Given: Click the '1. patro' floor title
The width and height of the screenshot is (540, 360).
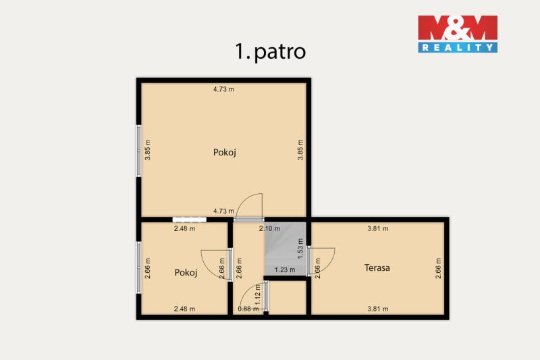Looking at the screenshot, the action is [271, 52].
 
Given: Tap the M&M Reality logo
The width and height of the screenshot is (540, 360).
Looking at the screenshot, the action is [458, 34].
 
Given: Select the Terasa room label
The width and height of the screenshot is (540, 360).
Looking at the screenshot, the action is [377, 267].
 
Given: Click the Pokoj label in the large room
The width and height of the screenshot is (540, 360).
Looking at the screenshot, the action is [225, 152].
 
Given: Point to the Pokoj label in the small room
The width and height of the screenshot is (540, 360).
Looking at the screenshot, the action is [186, 272].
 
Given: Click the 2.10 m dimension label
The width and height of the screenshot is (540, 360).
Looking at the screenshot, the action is [269, 228].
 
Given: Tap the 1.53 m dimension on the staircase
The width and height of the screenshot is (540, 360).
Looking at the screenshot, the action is [300, 249].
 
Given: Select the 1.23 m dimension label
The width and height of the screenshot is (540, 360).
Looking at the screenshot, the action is [285, 269].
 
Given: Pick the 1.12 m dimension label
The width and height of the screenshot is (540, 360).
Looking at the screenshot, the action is [257, 294].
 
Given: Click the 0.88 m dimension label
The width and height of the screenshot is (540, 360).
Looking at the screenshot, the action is [248, 309].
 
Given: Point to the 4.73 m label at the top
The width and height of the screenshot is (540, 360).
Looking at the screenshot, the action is [223, 89].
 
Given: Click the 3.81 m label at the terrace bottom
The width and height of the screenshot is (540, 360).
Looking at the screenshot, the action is [378, 309].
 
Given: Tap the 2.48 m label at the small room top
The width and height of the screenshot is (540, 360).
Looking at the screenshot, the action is [184, 228].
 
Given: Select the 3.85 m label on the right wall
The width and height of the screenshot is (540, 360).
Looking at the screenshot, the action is [300, 150].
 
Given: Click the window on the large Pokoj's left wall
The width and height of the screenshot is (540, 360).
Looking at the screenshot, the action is [139, 151].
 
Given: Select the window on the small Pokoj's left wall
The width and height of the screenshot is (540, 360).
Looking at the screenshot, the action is [139, 267].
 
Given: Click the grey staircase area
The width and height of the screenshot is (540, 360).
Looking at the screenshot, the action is [286, 248].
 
